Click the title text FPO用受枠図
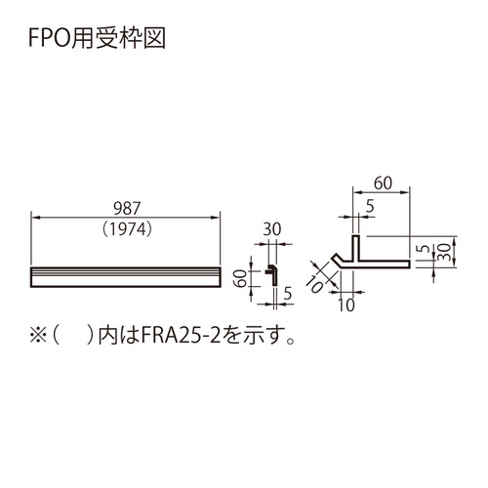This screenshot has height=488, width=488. (98, 38)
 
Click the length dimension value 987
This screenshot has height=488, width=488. (127, 209)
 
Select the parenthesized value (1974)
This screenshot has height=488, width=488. (127, 229)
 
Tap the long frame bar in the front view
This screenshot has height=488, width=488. (126, 277)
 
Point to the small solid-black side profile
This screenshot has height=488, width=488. (272, 275)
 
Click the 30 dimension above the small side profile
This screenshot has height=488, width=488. (272, 229)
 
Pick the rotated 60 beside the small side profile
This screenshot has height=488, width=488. (241, 279)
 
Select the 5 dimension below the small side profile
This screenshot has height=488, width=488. (288, 294)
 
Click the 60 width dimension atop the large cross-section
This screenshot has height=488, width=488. (383, 183)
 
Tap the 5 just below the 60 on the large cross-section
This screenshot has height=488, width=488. (370, 206)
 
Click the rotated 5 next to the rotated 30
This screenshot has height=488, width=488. (424, 249)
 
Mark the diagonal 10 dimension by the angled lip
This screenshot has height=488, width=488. (315, 284)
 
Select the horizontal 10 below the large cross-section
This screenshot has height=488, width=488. (346, 305)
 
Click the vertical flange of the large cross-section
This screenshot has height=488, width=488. (356, 248)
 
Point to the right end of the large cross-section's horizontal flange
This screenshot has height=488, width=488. (410, 264)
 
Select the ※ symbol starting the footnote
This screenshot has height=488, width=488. (38, 336)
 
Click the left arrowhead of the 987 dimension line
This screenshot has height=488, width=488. (35, 218)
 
